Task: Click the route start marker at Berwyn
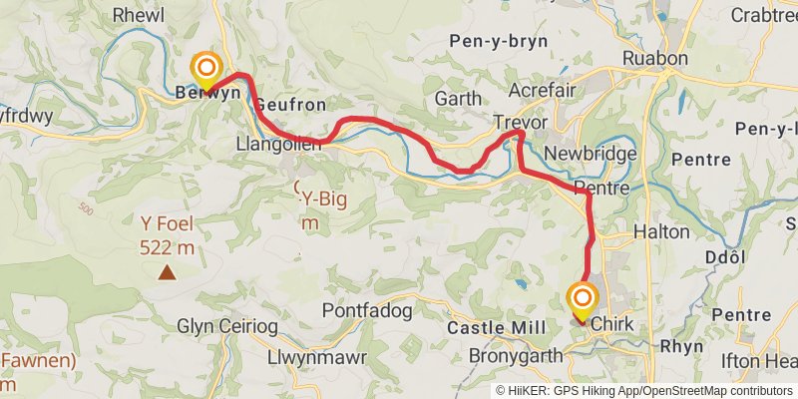pos(205,70)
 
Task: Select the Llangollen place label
pos(279,145)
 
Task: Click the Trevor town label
pos(521,121)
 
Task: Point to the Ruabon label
pos(655,59)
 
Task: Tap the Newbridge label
pos(591,155)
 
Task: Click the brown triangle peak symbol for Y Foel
pos(167,271)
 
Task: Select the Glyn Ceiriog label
pos(222,325)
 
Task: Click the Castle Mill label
pos(496,328)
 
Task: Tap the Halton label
pos(661,231)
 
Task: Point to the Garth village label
pos(458,99)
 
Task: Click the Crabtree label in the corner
pos(764,15)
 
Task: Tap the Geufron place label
pos(290,105)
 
